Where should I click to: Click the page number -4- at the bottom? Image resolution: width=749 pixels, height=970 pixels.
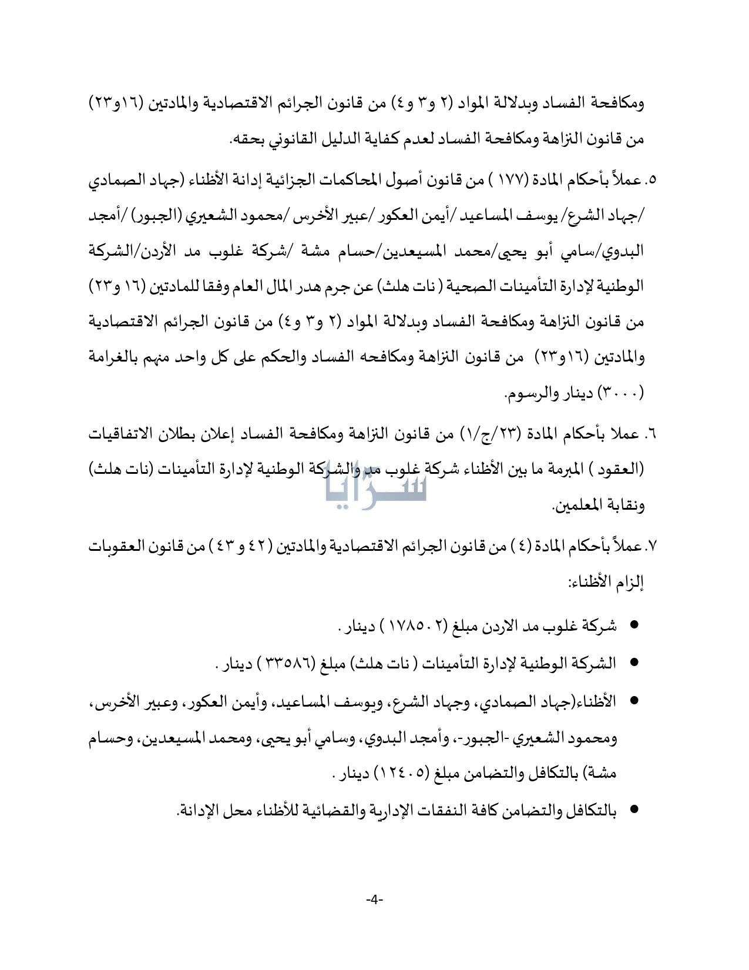[x=374, y=899]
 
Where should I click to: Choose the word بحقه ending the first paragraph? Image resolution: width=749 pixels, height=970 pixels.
[x=243, y=140]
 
